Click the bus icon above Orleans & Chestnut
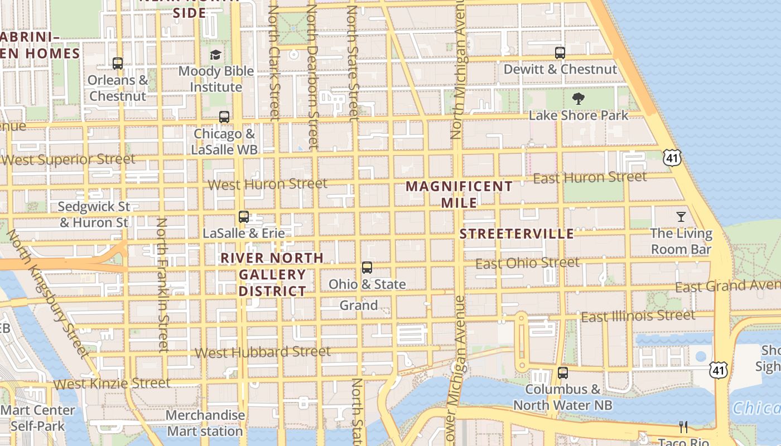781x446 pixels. point(118,64)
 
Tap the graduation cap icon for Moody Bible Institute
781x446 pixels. point(215,55)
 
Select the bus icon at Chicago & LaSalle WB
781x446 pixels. point(224,117)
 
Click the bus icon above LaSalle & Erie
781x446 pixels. point(244,217)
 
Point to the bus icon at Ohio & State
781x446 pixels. point(367,268)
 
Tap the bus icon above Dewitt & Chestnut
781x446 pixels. point(560,53)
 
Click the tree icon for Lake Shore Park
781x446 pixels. point(578,99)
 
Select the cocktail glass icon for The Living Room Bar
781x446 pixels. point(681,217)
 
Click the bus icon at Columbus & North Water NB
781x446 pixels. point(563,373)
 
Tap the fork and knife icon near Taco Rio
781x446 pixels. point(683,427)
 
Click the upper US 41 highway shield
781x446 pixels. point(672,157)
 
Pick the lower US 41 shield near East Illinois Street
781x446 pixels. point(719,369)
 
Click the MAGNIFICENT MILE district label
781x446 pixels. point(459,194)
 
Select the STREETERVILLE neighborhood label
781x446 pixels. point(517,234)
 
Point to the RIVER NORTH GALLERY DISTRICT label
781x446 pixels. point(272,274)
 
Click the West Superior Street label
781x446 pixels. point(68,159)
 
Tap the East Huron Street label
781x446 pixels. point(590,178)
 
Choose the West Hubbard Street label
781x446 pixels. point(263,352)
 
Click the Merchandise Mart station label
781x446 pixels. point(205,423)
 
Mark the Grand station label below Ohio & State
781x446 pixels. point(359,306)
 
